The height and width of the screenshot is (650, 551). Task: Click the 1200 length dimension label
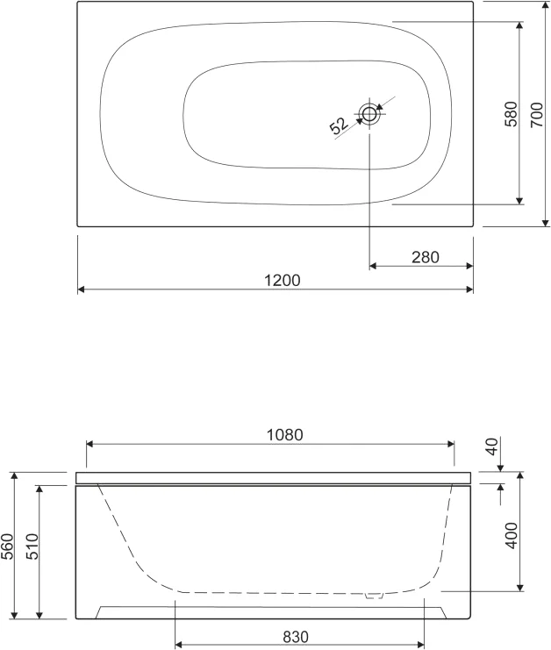(x=282, y=281)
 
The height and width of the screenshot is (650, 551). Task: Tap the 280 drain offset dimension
(x=426, y=257)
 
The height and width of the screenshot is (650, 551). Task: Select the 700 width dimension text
(x=536, y=114)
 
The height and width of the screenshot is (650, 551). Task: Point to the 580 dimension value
(x=512, y=113)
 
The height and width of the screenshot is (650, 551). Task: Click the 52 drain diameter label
(x=339, y=126)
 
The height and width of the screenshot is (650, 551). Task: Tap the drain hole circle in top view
(x=369, y=113)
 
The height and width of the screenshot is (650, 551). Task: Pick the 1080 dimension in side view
(x=284, y=435)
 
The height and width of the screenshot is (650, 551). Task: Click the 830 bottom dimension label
(x=296, y=637)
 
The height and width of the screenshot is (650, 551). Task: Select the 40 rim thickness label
(x=492, y=446)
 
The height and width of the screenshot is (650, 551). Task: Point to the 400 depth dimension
(x=512, y=536)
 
